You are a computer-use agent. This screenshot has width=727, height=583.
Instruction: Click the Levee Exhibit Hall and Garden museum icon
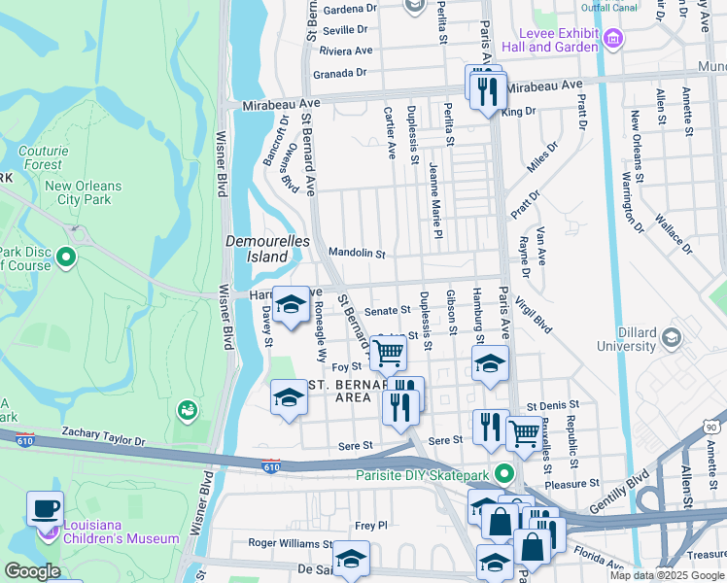tap(612, 40)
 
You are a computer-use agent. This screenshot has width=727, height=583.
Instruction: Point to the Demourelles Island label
tap(257, 248)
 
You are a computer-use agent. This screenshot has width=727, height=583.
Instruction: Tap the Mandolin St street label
tap(357, 253)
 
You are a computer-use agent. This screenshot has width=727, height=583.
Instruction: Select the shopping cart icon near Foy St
tap(388, 355)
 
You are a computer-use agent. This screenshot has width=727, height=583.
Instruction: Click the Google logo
tap(32, 571)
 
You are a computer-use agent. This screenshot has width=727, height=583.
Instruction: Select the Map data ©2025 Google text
tap(667, 575)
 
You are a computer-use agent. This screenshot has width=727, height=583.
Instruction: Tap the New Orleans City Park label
tap(83, 192)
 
